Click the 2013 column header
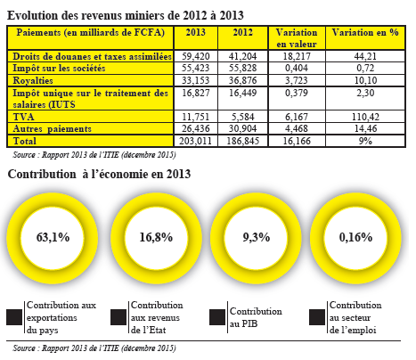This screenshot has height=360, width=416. pyautogui.click(x=196, y=32)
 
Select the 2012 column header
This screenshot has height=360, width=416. pyautogui.click(x=243, y=32)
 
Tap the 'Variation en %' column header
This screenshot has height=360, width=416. pyautogui.click(x=365, y=32)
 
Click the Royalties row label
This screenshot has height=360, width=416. pyautogui.click(x=33, y=80)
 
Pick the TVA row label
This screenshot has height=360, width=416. pyautogui.click(x=24, y=117)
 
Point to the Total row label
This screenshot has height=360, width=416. pyautogui.click(x=25, y=141)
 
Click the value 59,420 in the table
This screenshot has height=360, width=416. pyautogui.click(x=196, y=56)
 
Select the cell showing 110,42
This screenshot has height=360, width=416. pyautogui.click(x=365, y=117)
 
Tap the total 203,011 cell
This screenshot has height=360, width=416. pyautogui.click(x=195, y=141)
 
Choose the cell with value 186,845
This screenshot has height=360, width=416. pyautogui.click(x=243, y=141)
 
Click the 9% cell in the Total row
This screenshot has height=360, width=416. pyautogui.click(x=365, y=141)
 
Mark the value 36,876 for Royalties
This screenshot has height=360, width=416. pyautogui.click(x=243, y=80)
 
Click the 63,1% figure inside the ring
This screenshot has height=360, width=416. pyautogui.click(x=53, y=237)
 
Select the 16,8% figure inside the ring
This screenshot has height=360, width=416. pyautogui.click(x=156, y=237)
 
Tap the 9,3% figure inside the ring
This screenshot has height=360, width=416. pyautogui.click(x=257, y=237)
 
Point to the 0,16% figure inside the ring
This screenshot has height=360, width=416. pyautogui.click(x=355, y=237)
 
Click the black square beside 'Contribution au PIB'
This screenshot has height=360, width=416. pyautogui.click(x=217, y=317)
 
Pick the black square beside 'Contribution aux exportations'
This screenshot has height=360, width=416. pyautogui.click(x=14, y=317)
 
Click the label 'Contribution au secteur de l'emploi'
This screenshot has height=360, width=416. pyautogui.click(x=355, y=317)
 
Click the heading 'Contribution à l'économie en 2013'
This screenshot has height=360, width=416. pyautogui.click(x=99, y=174)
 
